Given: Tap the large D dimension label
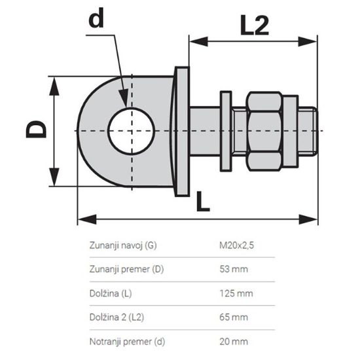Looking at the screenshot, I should click(x=37, y=131).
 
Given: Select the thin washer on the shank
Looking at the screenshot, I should click(x=226, y=130).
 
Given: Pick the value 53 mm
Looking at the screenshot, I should click(x=233, y=270).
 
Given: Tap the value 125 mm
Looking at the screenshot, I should click(x=235, y=294).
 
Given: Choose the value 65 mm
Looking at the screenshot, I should click(x=233, y=317).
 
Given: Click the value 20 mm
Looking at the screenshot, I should click(x=233, y=341).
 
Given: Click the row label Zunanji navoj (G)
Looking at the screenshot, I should click(x=123, y=247).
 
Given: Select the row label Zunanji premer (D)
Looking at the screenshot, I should click(x=126, y=270).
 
